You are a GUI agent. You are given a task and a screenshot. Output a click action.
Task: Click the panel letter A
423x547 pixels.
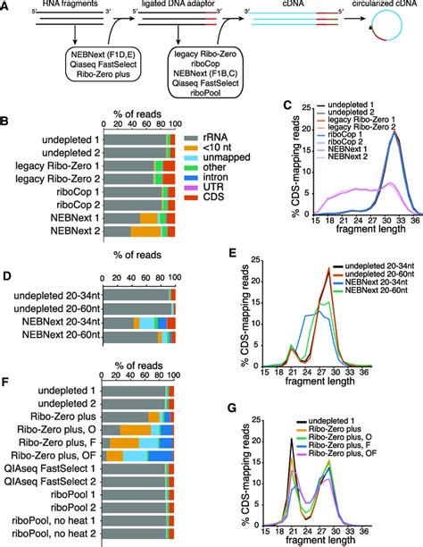pyautogui.click(x=6, y=6)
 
